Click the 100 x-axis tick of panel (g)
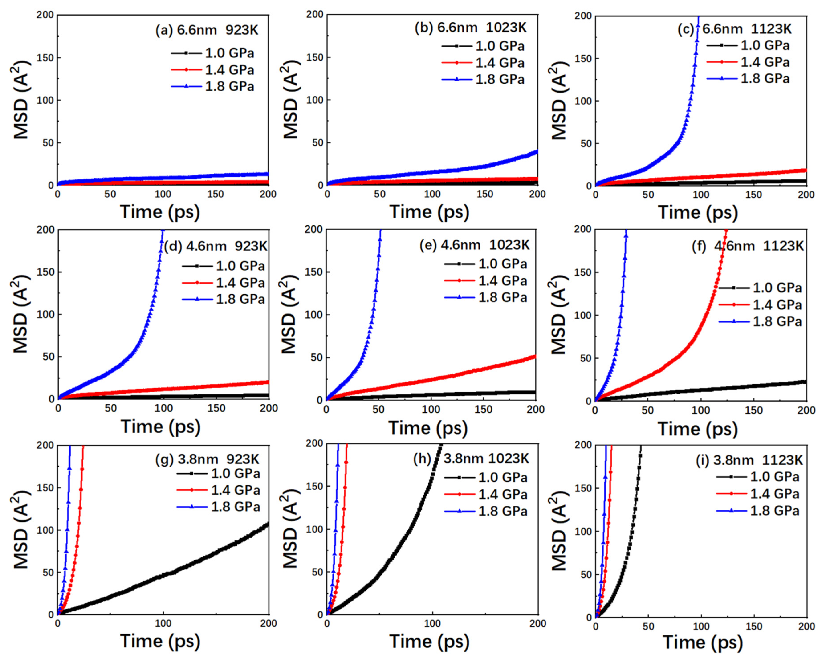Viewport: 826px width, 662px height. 163,623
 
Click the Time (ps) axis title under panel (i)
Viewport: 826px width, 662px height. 703,642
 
